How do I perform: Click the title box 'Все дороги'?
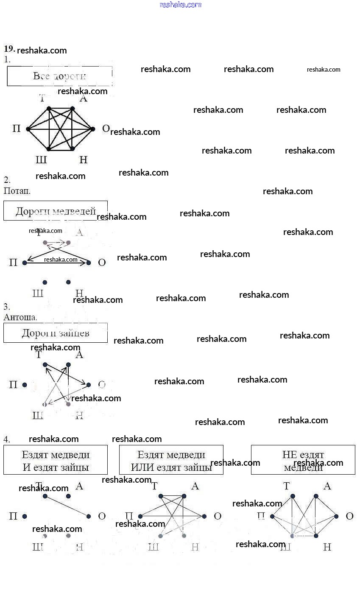pos(59,76)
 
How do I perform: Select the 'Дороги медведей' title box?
pos(56,211)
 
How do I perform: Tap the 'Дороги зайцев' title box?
pos(56,333)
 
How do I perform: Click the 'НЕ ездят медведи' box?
pos(303,460)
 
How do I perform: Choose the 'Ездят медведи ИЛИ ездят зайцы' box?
pos(171,460)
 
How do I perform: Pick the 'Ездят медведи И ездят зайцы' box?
pos(56,460)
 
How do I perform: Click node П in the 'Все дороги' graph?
pos(28,129)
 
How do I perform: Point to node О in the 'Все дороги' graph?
pos(93,129)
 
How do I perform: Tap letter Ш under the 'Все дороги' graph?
pos(41,160)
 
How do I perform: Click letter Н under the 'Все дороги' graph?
pos(83,160)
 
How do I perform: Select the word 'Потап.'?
pos(17,191)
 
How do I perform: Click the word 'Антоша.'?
pos(20,317)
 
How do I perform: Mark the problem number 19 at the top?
pos(9,48)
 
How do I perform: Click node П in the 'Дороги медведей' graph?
pos(25,263)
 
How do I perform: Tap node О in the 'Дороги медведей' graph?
pos(89,263)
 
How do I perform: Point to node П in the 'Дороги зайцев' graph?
pos(25,385)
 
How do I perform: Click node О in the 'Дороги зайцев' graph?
pos(89,385)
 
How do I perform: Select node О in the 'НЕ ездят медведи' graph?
pos(336,516)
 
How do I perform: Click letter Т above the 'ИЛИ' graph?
pos(154,486)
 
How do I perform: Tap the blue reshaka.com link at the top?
pos(180,5)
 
